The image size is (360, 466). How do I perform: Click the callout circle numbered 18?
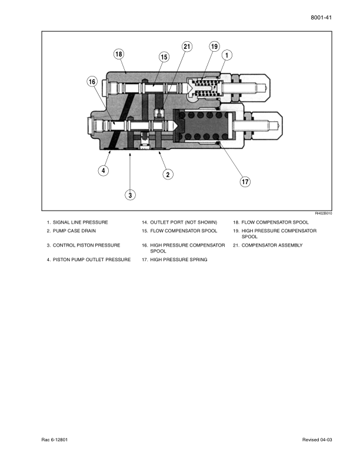[x=118, y=54]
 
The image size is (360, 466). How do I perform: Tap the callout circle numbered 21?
[x=187, y=46]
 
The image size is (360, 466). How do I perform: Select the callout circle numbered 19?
[x=214, y=46]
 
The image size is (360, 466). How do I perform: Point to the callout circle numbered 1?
[x=227, y=55]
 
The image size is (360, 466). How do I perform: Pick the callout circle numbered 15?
[x=164, y=57]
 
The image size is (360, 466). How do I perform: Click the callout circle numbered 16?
[x=92, y=82]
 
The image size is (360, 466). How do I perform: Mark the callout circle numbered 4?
[x=104, y=171]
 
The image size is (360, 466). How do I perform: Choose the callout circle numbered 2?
[x=168, y=174]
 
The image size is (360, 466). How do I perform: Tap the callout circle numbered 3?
[x=130, y=195]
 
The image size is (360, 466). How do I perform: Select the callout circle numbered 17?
[x=245, y=182]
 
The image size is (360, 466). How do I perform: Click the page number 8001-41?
[x=321, y=18]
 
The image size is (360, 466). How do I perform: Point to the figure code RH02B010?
[x=324, y=214]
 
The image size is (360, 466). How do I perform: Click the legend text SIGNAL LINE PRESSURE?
[x=81, y=222]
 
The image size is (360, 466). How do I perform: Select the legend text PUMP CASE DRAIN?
[x=74, y=231]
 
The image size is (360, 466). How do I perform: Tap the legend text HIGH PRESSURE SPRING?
[x=179, y=259]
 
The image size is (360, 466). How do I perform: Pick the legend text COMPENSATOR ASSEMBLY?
[x=272, y=245]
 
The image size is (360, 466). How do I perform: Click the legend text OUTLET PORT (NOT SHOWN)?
[x=184, y=222]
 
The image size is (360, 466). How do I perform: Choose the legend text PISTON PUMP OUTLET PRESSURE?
[x=92, y=259]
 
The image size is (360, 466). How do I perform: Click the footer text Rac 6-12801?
[x=55, y=440]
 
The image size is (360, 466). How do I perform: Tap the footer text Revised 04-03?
[x=317, y=440]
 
